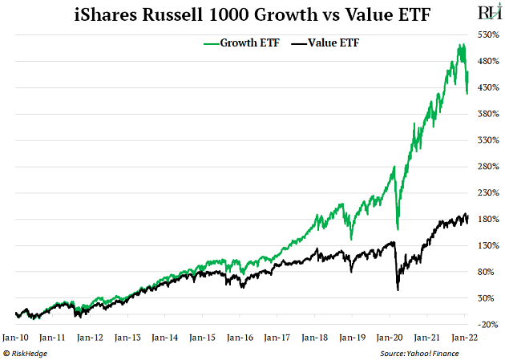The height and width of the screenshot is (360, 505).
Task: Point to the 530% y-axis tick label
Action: (488, 35)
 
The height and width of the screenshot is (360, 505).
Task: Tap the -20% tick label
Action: (488, 324)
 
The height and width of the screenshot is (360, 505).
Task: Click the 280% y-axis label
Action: (488, 166)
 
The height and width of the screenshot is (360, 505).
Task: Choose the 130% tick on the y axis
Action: (488, 245)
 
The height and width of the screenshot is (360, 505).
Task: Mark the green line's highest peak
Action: (462, 44)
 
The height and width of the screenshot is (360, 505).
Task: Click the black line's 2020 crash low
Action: (398, 289)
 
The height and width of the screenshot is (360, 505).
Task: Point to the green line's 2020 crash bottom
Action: (398, 229)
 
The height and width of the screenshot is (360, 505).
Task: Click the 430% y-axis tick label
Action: (488, 87)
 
